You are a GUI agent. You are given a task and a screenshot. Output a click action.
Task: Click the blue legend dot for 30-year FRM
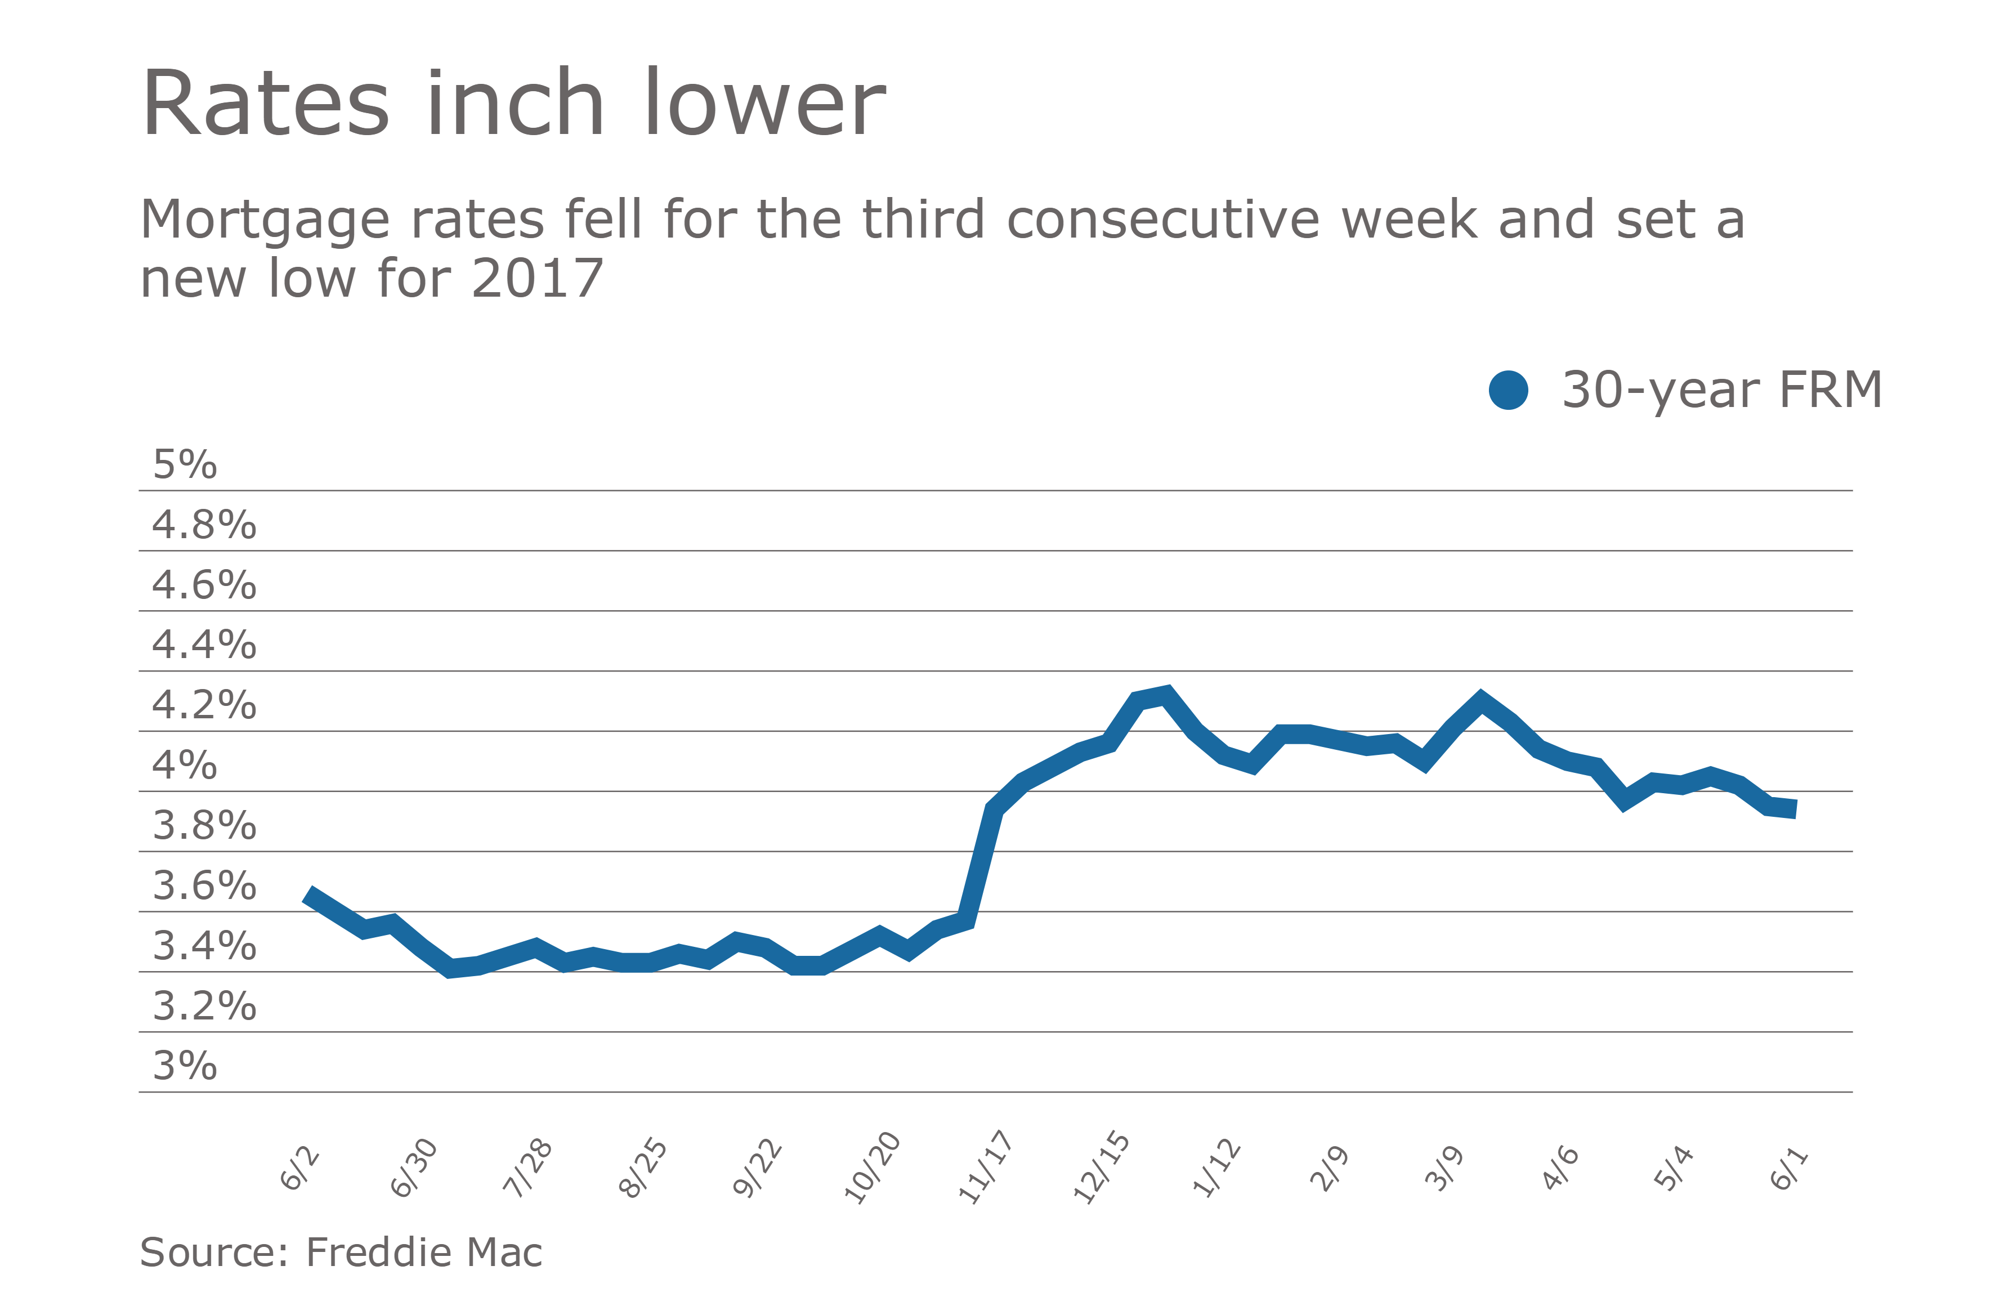[x=1508, y=391]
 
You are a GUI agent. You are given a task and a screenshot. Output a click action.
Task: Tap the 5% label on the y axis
[x=185, y=465]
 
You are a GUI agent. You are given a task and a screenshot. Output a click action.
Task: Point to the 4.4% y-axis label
[x=204, y=645]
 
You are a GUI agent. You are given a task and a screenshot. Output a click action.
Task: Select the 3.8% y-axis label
[x=204, y=826]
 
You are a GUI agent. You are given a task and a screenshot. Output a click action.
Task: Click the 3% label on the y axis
[x=185, y=1066]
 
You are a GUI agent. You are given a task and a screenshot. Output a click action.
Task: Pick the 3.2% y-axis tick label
[x=204, y=1006]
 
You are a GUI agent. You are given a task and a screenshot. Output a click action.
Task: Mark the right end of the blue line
[x=1795, y=809]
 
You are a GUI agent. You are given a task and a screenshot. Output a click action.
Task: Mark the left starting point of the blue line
[x=308, y=894]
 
